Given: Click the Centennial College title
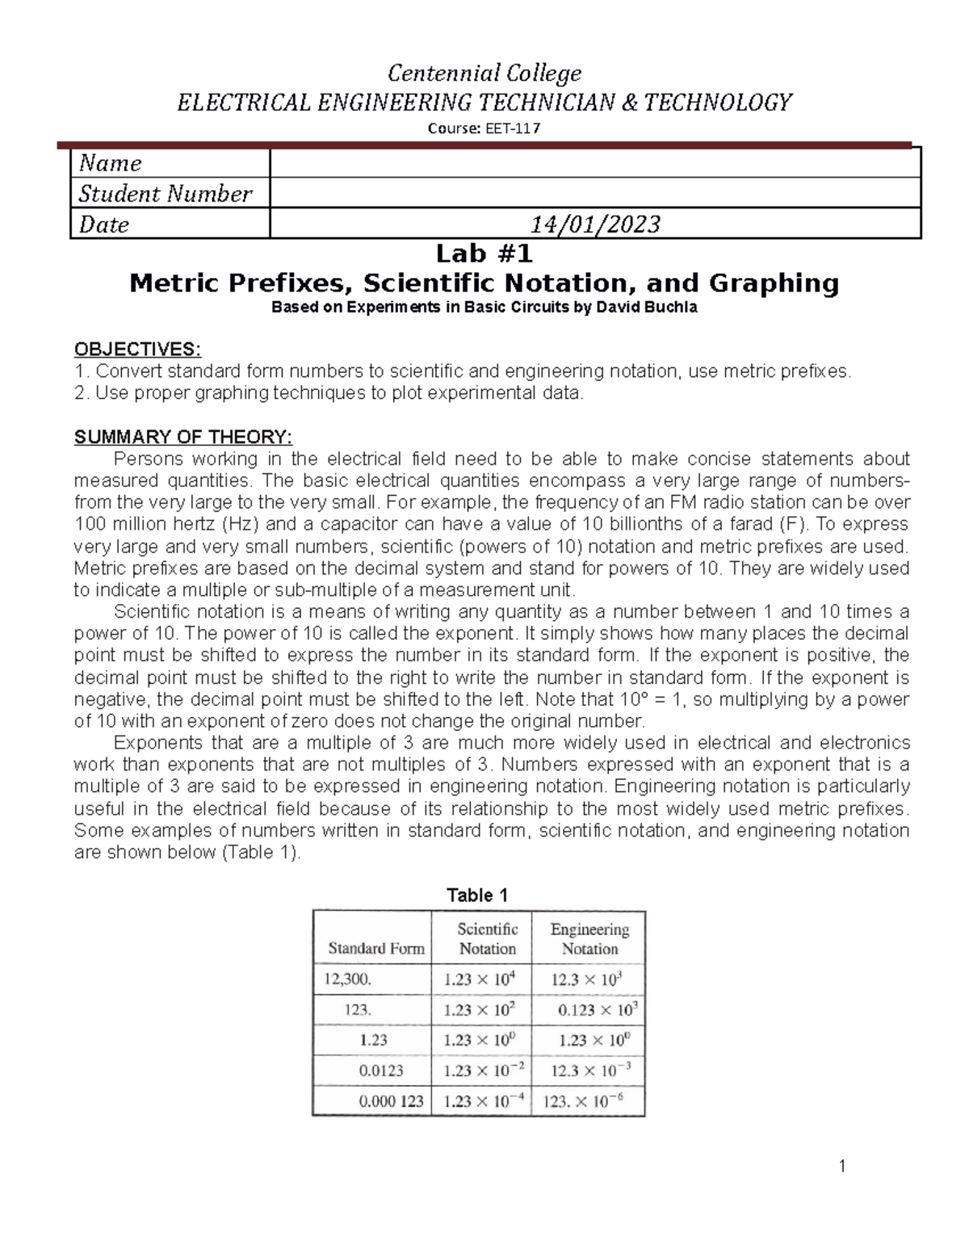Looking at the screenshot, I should pos(484,73).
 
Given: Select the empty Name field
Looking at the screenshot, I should pos(594,163).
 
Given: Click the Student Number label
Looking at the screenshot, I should pos(166,194).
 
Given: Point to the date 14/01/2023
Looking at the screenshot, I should pos(594,224).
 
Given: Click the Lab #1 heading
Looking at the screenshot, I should pos(484,254).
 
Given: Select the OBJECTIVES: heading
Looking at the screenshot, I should pos(137,349).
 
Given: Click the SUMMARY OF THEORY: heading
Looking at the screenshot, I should pos(182,437).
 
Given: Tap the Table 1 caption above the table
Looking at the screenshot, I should pos(477,895).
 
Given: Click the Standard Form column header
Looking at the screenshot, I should pos(375,949).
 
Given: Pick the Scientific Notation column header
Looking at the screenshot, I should pos(487,939).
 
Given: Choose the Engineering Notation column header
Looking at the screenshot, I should pos(589,939).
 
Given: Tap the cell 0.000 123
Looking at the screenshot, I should pos(391,1101).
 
